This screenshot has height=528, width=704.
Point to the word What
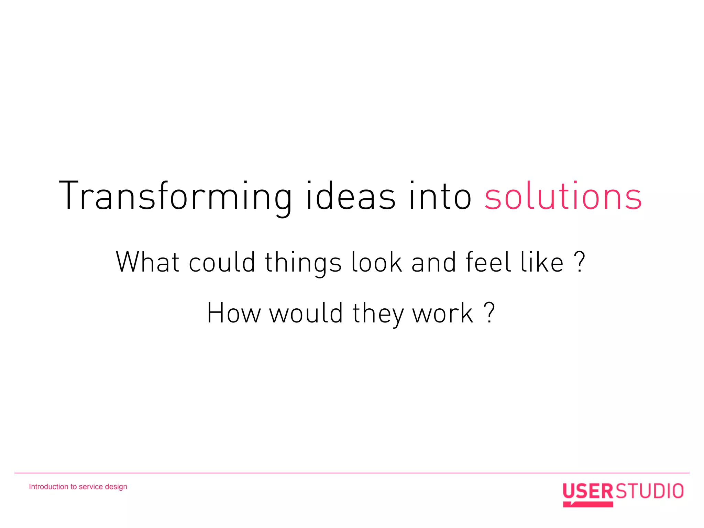[x=148, y=263]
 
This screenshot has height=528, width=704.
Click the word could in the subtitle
[x=222, y=263]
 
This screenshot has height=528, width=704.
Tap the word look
[x=376, y=263]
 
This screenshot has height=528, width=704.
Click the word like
[x=542, y=263]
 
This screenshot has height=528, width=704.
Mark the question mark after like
[x=580, y=262]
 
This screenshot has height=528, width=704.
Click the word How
[x=234, y=313]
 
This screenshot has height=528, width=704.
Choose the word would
[x=306, y=313]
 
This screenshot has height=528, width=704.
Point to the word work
[x=443, y=313]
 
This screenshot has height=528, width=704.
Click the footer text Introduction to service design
[x=78, y=487]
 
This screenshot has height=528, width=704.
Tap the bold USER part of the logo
[x=588, y=491]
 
